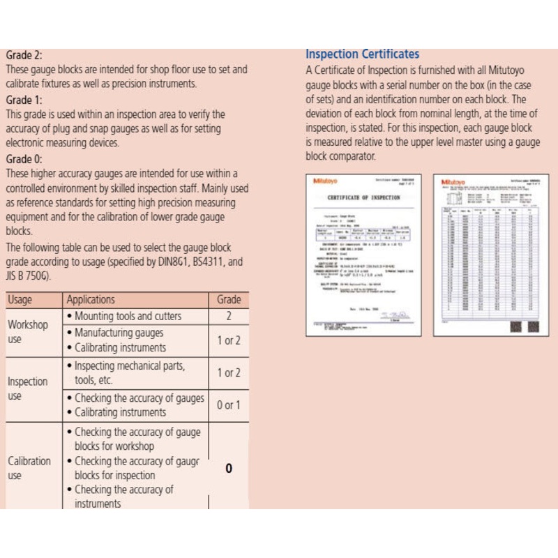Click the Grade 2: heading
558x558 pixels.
click(24, 54)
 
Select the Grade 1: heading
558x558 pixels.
click(24, 100)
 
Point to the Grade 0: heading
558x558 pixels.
click(24, 159)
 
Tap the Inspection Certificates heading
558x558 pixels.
click(362, 54)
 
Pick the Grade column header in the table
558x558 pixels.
click(229, 300)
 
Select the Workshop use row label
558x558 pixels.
click(28, 332)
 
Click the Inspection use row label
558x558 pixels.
click(28, 389)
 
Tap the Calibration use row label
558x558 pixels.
click(29, 468)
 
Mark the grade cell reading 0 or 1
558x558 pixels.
click(229, 405)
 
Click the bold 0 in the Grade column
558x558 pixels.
click(229, 469)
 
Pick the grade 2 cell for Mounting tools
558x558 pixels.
click(229, 317)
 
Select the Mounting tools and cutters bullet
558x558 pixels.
click(128, 317)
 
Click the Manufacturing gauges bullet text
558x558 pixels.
click(119, 333)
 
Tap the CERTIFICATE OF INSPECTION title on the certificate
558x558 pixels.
click(363, 198)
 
